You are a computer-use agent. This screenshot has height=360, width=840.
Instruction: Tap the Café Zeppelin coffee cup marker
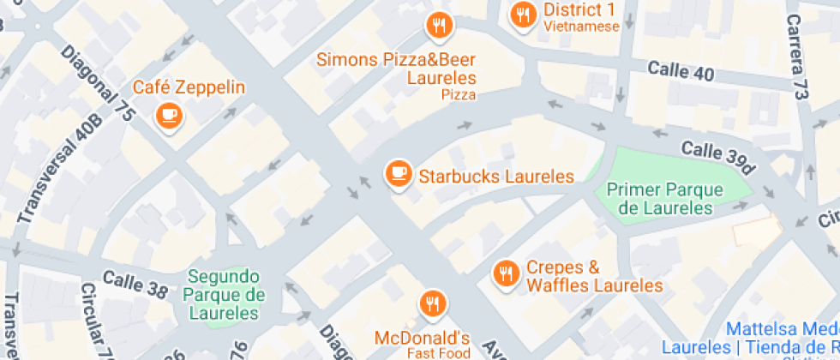point(168,115)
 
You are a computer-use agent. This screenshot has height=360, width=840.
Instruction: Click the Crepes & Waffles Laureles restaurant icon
point(507,273)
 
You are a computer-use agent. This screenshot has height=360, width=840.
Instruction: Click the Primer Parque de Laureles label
point(664,198)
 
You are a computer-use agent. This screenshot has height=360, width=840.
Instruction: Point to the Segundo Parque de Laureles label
point(222,294)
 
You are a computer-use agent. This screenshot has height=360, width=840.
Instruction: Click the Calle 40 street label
point(681,71)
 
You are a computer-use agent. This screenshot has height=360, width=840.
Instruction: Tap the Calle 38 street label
point(135,284)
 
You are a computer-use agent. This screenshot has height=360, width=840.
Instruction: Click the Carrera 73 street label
point(798,56)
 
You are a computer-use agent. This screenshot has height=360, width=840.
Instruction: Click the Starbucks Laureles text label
point(495,177)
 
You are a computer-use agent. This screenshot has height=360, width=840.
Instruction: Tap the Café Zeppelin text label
point(189,87)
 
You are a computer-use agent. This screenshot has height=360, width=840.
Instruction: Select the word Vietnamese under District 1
point(581,27)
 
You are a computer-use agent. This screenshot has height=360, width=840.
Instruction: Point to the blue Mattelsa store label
point(780,339)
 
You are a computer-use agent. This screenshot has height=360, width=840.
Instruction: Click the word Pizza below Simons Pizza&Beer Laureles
point(458,95)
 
